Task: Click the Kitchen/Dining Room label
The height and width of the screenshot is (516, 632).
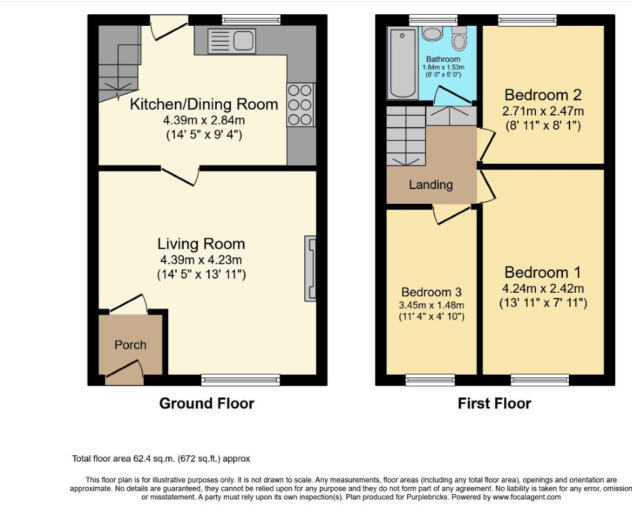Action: point(204,104)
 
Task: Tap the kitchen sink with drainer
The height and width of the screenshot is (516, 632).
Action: point(232,41)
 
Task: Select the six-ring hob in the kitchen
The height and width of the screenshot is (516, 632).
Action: point(301,104)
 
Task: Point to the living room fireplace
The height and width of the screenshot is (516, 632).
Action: point(310,268)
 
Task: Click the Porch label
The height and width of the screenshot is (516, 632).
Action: point(130,345)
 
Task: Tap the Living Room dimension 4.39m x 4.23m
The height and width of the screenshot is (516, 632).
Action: point(201,260)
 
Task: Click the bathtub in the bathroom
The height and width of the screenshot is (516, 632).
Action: point(402,63)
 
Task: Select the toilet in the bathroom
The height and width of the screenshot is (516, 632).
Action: point(459,38)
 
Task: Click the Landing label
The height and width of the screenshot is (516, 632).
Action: point(431,184)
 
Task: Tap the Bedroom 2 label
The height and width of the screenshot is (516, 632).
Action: point(543,95)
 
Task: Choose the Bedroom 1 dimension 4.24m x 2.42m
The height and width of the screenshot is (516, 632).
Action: point(543,289)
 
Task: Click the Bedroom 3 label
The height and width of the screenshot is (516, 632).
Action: point(431,292)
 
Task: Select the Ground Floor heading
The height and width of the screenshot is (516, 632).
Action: point(207,404)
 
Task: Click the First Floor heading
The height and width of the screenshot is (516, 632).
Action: point(495,404)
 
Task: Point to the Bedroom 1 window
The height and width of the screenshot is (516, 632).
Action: point(540,380)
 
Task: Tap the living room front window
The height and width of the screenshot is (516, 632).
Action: point(240,380)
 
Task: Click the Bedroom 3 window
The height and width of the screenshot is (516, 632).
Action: point(430,380)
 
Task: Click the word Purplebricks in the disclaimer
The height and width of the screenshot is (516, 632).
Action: point(426,497)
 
